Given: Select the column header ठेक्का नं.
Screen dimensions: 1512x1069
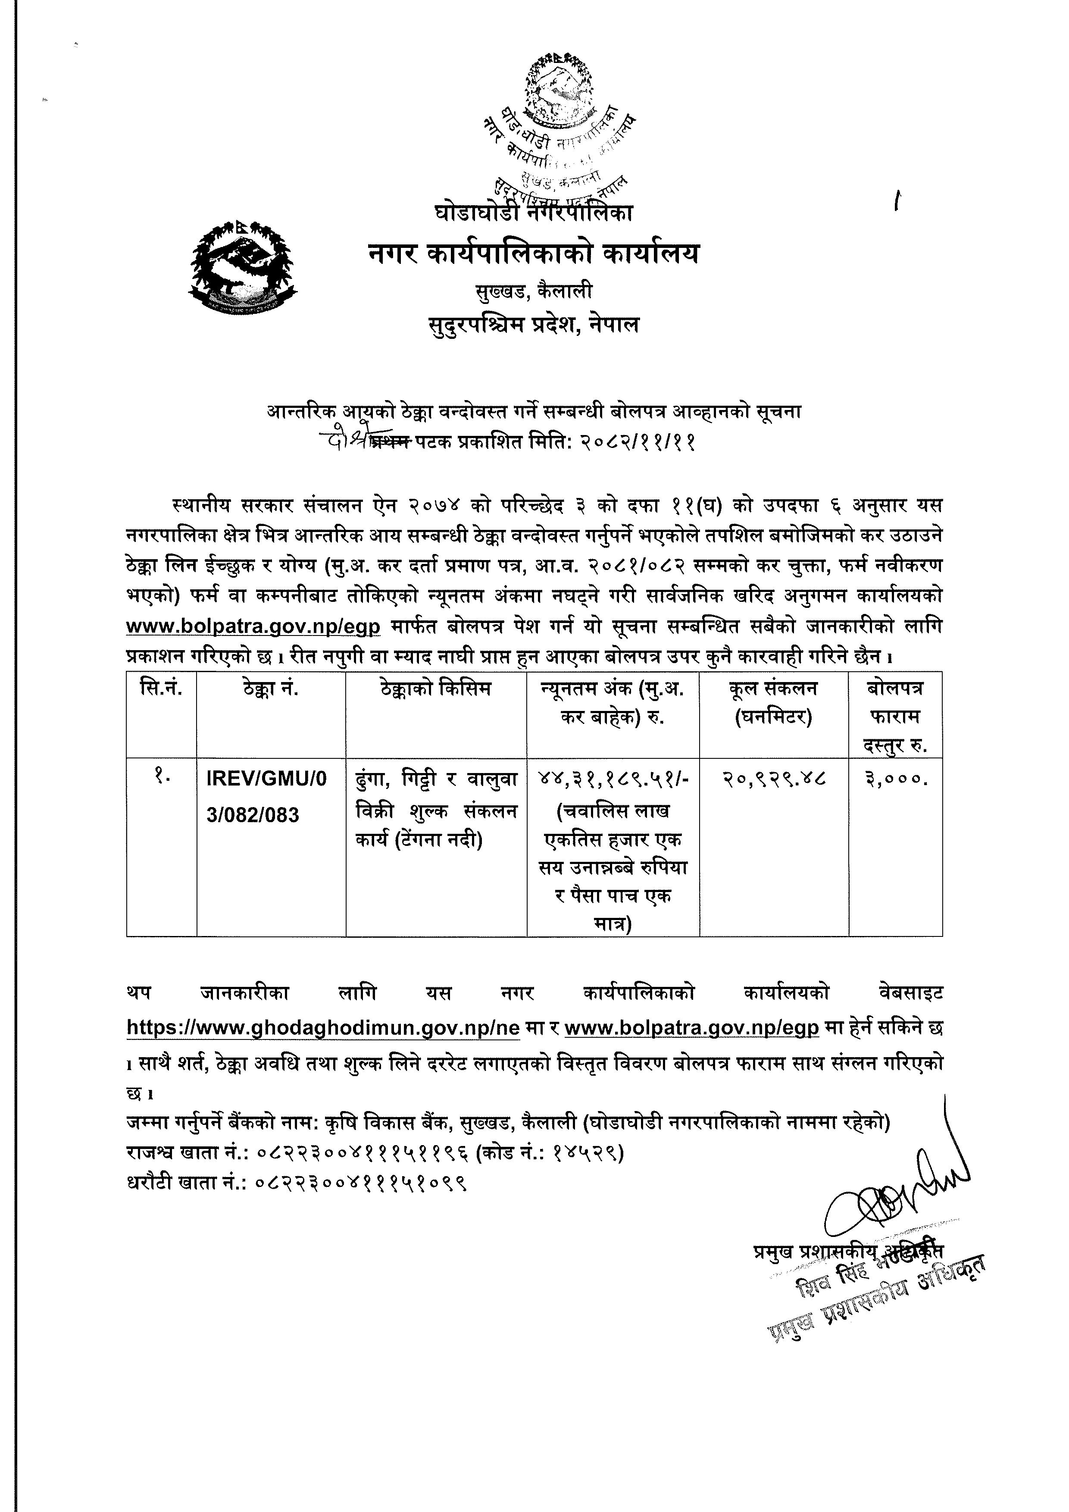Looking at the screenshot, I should [x=271, y=689].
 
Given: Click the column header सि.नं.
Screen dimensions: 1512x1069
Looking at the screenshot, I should [x=161, y=689].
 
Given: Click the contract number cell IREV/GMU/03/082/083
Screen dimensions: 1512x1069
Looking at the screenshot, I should [x=266, y=797].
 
